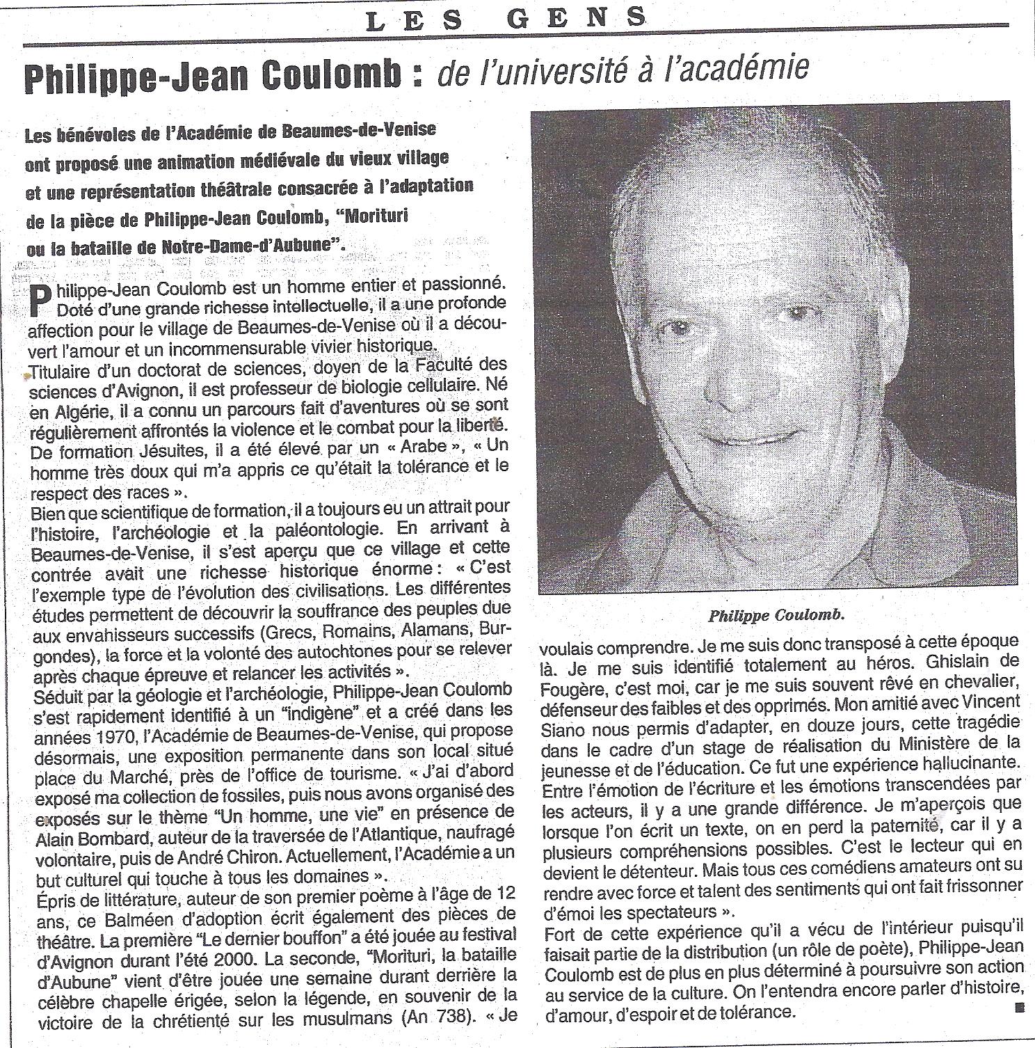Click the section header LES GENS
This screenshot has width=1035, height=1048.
(x=506, y=19)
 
